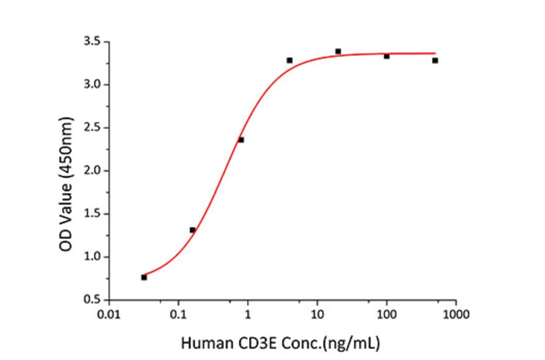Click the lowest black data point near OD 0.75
[144, 277]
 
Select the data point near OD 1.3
[193, 230]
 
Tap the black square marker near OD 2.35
[241, 140]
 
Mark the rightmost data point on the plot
[435, 61]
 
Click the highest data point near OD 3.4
[338, 52]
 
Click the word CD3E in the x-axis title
[260, 344]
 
